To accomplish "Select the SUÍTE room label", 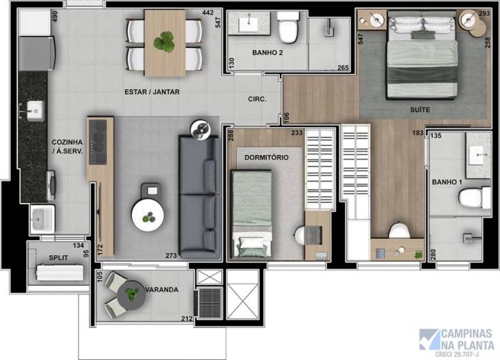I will (419, 110).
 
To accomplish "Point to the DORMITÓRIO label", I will (267, 157).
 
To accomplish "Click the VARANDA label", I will (161, 289).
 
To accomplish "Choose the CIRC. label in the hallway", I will (258, 99).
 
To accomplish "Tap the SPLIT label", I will (58, 257).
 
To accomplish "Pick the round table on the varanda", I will (131, 297).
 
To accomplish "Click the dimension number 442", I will (208, 13).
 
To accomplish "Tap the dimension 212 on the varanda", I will (186, 319).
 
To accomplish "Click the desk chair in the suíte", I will (399, 231).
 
